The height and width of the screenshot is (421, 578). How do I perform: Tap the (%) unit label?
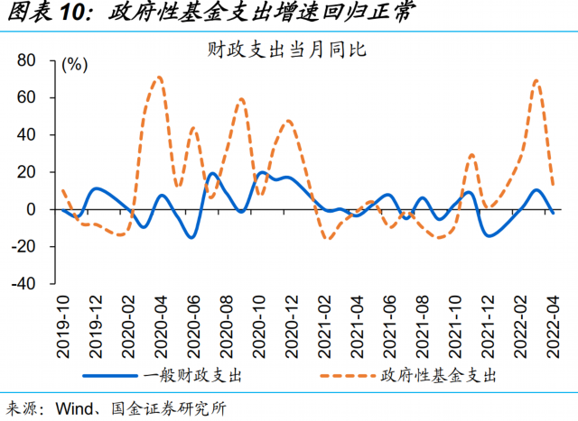coord(74,64)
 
